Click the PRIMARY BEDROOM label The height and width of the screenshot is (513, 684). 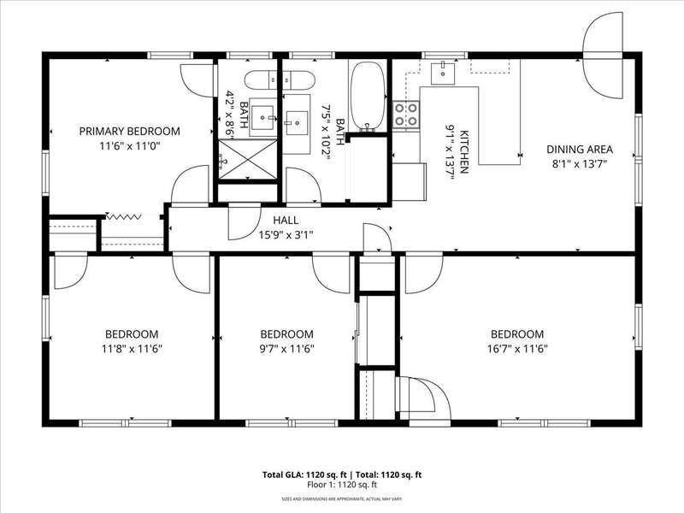point(130,131)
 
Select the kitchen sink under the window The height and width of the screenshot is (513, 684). point(443,74)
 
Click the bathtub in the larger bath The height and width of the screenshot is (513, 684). point(369,96)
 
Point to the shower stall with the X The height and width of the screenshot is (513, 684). point(247,159)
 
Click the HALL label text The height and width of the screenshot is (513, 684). point(286,221)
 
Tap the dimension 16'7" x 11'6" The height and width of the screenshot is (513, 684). point(517,349)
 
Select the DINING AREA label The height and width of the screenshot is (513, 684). point(580,149)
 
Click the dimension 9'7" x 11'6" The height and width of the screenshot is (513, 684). point(286,349)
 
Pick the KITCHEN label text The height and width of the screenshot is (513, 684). point(464,151)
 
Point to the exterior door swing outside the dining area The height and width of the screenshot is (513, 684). point(604,55)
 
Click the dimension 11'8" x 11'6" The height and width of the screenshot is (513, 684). point(132,349)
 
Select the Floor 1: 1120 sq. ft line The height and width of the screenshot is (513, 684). point(342,485)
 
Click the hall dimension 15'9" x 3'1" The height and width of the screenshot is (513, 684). point(286,235)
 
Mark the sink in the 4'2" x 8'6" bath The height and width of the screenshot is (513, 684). point(263,117)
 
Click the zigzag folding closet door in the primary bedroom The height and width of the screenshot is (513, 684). point(123,216)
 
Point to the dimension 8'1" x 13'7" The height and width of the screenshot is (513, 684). point(580,164)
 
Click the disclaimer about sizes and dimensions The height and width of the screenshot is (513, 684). point(342,498)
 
